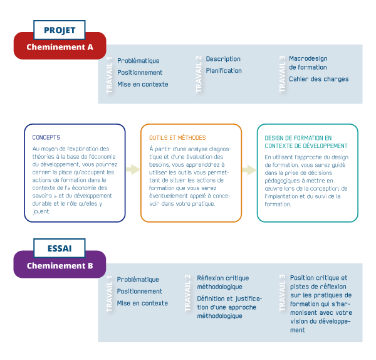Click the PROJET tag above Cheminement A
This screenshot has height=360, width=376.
(60, 30)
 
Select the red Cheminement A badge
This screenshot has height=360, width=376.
(60, 46)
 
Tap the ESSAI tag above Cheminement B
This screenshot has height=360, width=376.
(60, 249)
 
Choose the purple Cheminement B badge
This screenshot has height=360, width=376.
(60, 265)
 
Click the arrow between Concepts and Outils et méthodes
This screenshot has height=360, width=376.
(133, 169)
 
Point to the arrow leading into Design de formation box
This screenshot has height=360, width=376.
(249, 170)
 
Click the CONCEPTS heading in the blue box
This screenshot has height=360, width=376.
(46, 137)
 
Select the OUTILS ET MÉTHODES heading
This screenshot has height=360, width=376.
(177, 137)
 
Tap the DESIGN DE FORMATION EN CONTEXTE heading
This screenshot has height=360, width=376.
(298, 141)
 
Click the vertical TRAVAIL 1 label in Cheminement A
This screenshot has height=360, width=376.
(110, 75)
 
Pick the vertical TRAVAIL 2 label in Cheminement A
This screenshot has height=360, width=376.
(199, 74)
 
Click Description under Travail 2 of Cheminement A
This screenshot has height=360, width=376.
(223, 59)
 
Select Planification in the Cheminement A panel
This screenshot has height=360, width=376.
(224, 71)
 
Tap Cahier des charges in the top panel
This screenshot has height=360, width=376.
(318, 79)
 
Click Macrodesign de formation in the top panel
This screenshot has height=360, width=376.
(308, 63)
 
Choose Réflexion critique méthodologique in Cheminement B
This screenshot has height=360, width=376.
(222, 282)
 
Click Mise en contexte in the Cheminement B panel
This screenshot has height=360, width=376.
(142, 303)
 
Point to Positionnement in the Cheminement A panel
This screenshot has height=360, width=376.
(140, 73)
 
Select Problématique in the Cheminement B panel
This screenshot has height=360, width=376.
(138, 280)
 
